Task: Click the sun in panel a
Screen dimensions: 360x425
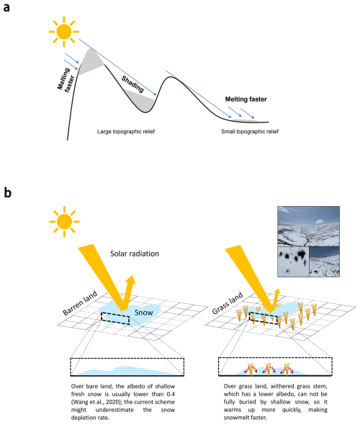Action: click(64, 32)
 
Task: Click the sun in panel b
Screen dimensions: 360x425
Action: click(64, 222)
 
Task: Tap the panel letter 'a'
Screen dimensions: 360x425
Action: click(6, 8)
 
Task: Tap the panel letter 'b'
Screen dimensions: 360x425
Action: click(7, 193)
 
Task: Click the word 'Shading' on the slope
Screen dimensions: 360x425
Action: click(132, 84)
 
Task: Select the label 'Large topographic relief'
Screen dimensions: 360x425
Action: click(126, 131)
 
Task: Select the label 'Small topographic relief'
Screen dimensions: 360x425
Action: click(250, 131)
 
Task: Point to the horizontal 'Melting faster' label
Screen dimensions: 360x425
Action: click(246, 99)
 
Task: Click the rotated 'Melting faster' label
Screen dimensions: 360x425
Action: click(66, 80)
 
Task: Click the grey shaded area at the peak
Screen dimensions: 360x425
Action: click(91, 61)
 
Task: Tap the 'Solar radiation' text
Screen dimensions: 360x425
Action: click(135, 254)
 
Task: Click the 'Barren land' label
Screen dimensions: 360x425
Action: click(80, 303)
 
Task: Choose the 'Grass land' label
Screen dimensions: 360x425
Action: click(228, 303)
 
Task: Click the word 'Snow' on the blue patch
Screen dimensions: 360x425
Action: click(144, 313)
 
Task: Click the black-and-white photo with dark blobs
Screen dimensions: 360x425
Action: click(293, 261)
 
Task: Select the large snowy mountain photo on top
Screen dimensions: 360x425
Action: click(309, 226)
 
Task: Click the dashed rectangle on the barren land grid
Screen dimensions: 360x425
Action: click(115, 318)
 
